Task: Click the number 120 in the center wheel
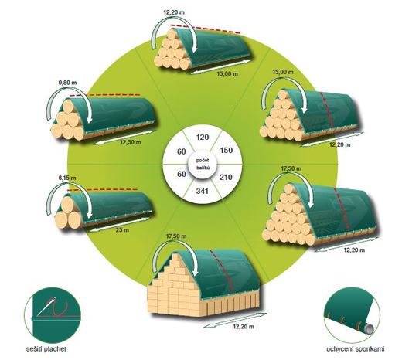click(203, 137)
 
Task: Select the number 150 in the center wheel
click(227, 150)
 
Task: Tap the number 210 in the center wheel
click(226, 177)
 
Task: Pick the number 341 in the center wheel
click(203, 191)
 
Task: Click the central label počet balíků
click(203, 164)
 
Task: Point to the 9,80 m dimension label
click(68, 83)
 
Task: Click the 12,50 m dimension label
click(131, 142)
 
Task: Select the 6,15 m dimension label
click(67, 178)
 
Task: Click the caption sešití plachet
click(46, 349)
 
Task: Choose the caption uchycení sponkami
click(356, 349)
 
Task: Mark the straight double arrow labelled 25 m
click(118, 224)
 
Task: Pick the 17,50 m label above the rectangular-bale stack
click(176, 236)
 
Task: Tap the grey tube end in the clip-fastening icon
click(369, 328)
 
